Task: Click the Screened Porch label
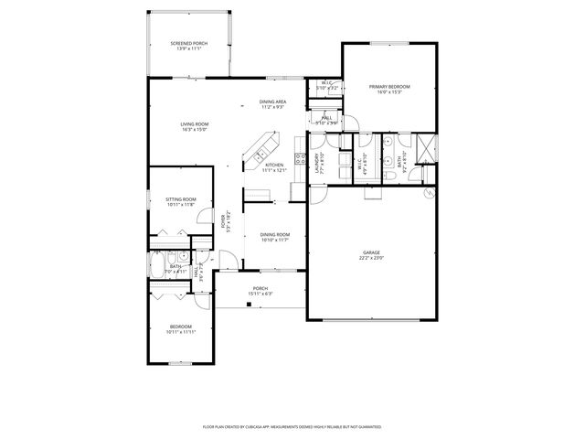pyautogui.click(x=188, y=44)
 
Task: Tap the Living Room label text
pyautogui.click(x=194, y=124)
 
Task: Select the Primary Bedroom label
pyautogui.click(x=389, y=87)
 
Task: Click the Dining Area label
pyautogui.click(x=273, y=102)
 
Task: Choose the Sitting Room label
pyautogui.click(x=181, y=199)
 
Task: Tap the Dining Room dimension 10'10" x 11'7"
pyautogui.click(x=275, y=240)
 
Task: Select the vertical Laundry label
pyautogui.click(x=320, y=163)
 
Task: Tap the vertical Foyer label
pyautogui.click(x=227, y=222)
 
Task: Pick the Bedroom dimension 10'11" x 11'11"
pyautogui.click(x=181, y=332)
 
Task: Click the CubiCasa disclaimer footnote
pyautogui.click(x=292, y=426)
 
